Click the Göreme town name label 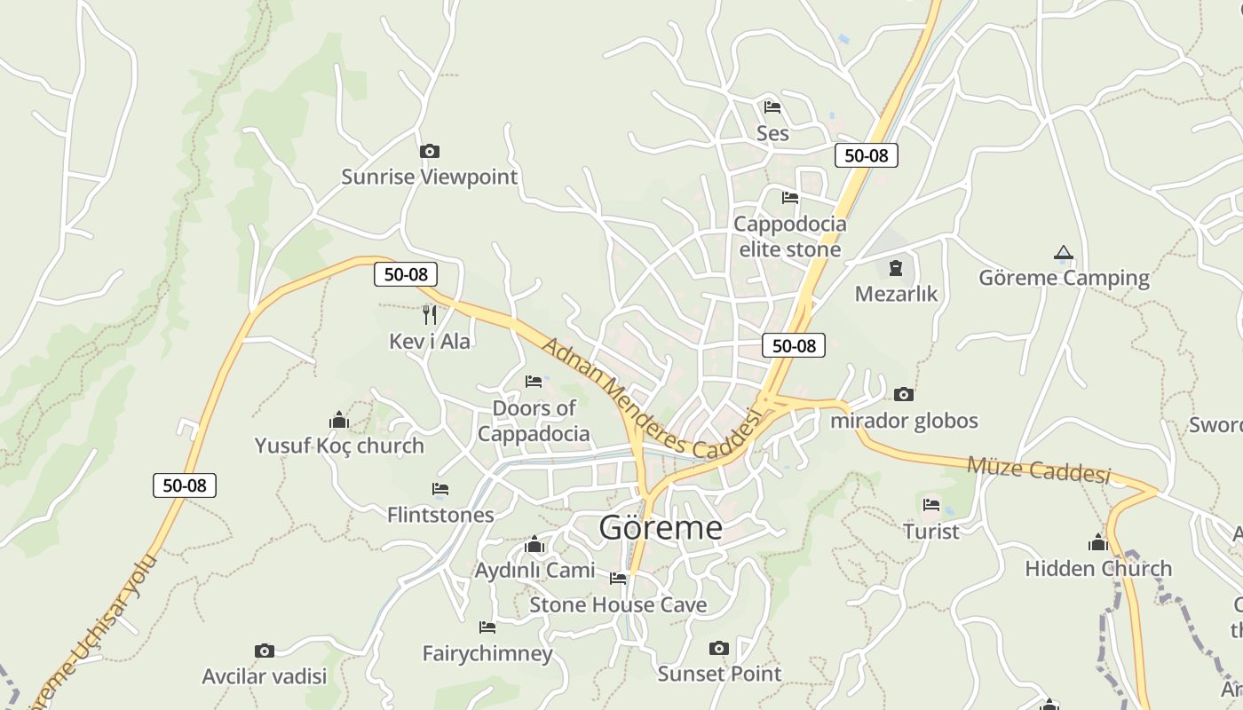[661, 528]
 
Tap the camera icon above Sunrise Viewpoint [429, 152]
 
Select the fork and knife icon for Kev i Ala [430, 314]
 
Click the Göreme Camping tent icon [1064, 253]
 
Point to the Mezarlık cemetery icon [895, 268]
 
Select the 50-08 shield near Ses [866, 155]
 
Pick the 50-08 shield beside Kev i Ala [405, 274]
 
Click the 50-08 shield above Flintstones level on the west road [185, 485]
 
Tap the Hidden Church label [1098, 568]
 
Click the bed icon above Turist [931, 505]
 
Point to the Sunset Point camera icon [719, 649]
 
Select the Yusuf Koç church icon [338, 420]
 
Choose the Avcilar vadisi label [265, 676]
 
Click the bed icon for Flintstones [440, 489]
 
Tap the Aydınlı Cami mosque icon [534, 544]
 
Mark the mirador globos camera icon [904, 395]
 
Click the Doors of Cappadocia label [534, 421]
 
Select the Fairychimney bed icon [487, 627]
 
